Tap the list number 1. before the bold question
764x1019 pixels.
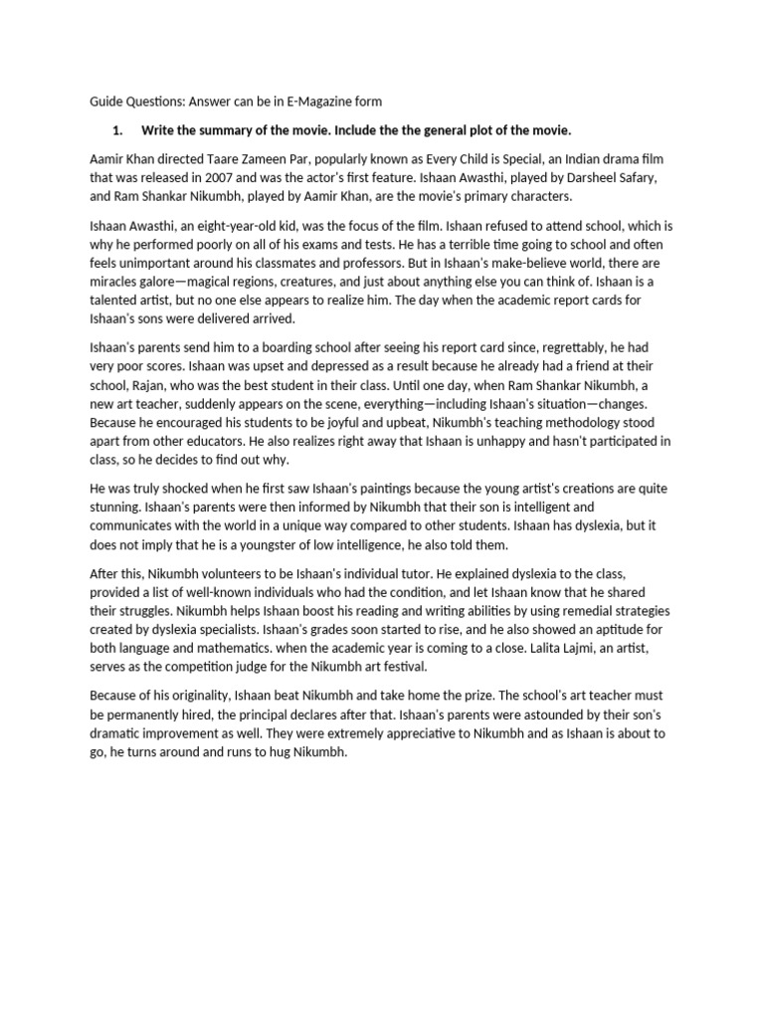(118, 130)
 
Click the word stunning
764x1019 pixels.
(120, 509)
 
